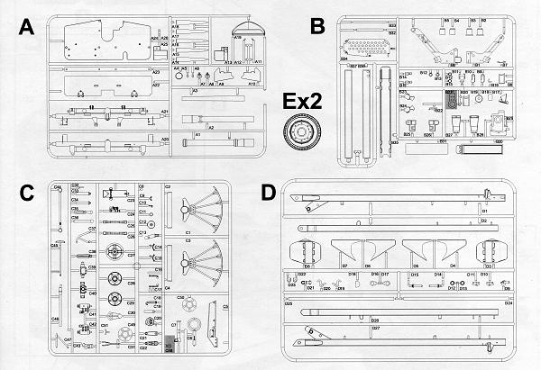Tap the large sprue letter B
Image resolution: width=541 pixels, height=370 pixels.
point(316,28)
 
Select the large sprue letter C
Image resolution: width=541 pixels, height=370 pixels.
point(26,192)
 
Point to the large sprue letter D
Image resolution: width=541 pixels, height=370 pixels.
point(267,194)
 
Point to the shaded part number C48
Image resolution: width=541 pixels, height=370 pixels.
point(170,347)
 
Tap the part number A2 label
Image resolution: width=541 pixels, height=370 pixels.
point(211,129)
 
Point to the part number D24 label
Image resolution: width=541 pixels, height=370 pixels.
point(509,303)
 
